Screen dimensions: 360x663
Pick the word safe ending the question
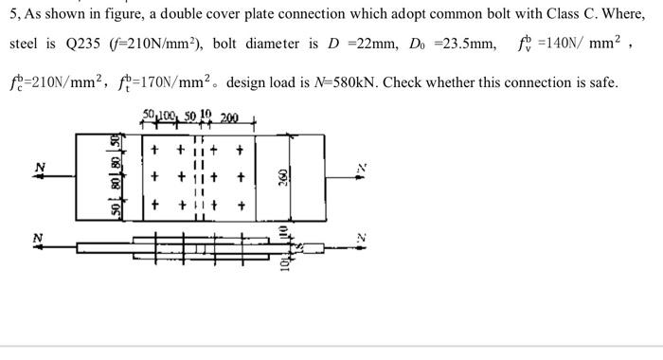pos(601,83)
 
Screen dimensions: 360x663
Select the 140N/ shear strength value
pos(553,45)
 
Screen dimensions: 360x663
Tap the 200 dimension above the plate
pos(229,118)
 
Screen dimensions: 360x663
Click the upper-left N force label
pos(39,167)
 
